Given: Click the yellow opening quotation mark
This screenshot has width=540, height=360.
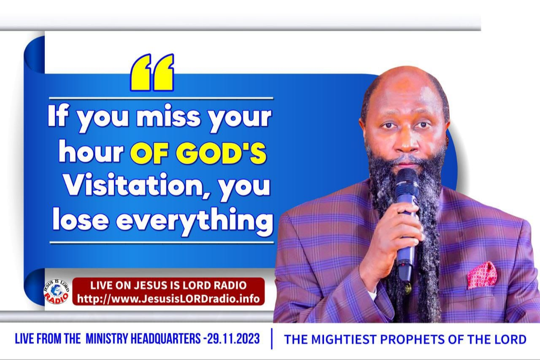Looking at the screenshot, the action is tap(152, 72).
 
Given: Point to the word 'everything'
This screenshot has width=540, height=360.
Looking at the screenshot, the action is tap(195, 222).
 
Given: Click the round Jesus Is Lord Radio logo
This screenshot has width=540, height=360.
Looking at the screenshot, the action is tap(57, 292).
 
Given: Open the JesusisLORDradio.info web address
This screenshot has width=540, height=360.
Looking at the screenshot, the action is tap(168, 299).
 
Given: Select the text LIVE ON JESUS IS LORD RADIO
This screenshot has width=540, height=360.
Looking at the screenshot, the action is tap(168, 285).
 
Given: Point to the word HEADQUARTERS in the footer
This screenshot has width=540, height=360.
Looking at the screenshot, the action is tap(165, 338).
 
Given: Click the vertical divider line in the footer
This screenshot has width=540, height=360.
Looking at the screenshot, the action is tap(272, 338).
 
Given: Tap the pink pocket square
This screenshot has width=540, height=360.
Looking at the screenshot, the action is tap(481, 275).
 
